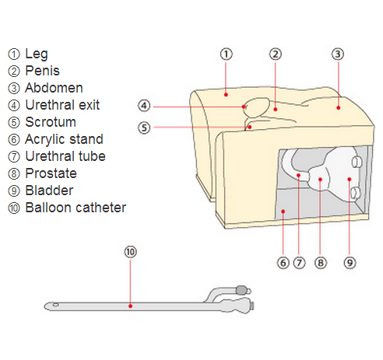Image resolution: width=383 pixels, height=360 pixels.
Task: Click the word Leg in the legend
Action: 37,54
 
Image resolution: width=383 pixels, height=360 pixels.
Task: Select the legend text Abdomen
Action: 54,88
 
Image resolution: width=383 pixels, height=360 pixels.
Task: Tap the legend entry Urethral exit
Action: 62,105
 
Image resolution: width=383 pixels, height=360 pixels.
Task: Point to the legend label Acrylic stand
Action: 64,139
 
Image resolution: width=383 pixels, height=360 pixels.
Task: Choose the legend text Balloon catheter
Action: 76,208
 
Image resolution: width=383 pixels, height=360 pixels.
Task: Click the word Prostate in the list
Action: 51,173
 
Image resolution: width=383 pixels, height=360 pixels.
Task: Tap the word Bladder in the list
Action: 49,190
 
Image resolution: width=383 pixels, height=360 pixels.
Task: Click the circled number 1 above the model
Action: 227,54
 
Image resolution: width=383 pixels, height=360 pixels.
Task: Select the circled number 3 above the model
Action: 338,54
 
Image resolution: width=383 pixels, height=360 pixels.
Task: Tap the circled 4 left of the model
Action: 144,106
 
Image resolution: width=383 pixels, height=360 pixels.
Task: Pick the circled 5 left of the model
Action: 144,128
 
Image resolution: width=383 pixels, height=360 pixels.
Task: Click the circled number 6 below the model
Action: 283,263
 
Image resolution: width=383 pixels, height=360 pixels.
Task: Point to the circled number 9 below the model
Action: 350,263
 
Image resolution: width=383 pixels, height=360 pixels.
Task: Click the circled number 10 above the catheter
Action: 130,252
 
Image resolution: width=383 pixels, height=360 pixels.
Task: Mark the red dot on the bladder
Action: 350,179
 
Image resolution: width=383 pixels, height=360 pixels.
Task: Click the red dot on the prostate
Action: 320,180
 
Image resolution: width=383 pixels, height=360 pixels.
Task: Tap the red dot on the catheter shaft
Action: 131,306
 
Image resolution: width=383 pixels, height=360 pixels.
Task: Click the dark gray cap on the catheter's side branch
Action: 241,290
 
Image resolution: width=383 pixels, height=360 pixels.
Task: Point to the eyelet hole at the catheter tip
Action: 55,304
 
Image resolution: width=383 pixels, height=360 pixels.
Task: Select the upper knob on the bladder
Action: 357,162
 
